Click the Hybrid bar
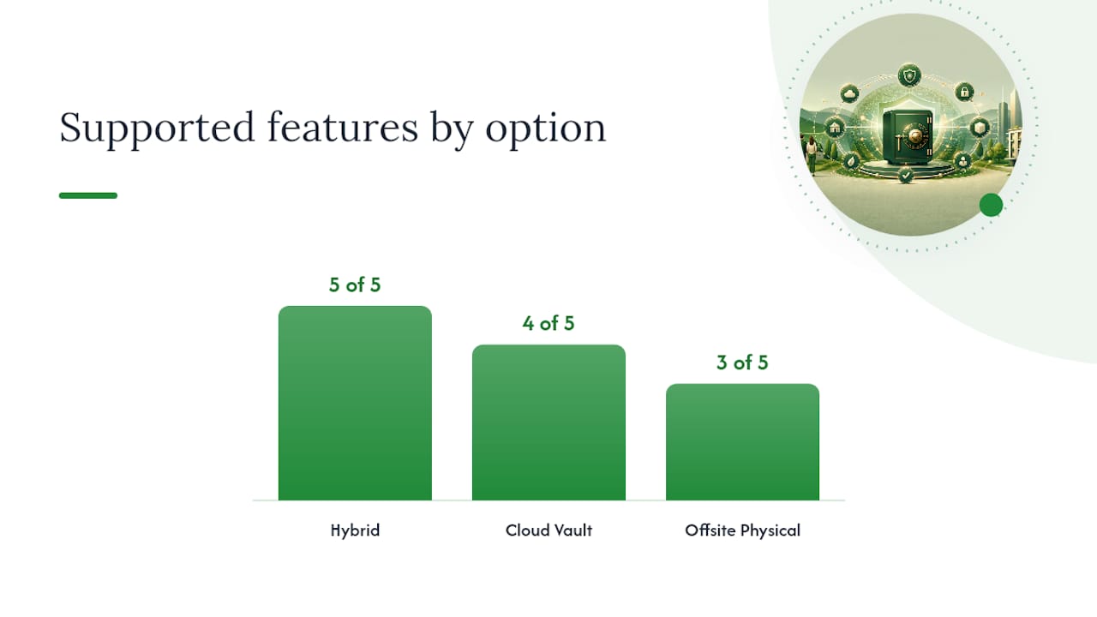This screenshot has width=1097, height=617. [355, 403]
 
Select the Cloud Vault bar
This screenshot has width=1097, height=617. [548, 422]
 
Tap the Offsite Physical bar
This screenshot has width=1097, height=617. [742, 442]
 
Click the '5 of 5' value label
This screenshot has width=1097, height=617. [355, 285]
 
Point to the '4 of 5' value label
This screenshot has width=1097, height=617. [548, 323]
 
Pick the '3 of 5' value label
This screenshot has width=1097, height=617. [742, 362]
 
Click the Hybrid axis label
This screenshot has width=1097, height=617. [355, 530]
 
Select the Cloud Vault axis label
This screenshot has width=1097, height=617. [548, 530]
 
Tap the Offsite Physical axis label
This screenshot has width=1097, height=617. [742, 530]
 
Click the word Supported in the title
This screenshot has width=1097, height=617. [157, 129]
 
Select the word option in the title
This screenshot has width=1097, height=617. [546, 129]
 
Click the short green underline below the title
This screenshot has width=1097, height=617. [88, 195]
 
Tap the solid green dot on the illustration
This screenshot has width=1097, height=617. [992, 205]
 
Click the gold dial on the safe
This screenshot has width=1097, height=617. [914, 135]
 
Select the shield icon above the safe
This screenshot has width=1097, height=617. [909, 76]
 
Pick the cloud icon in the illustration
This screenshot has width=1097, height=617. [849, 93]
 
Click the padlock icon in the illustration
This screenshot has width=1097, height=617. [965, 92]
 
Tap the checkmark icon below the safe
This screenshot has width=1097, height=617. [906, 175]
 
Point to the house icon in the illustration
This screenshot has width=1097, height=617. [835, 129]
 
